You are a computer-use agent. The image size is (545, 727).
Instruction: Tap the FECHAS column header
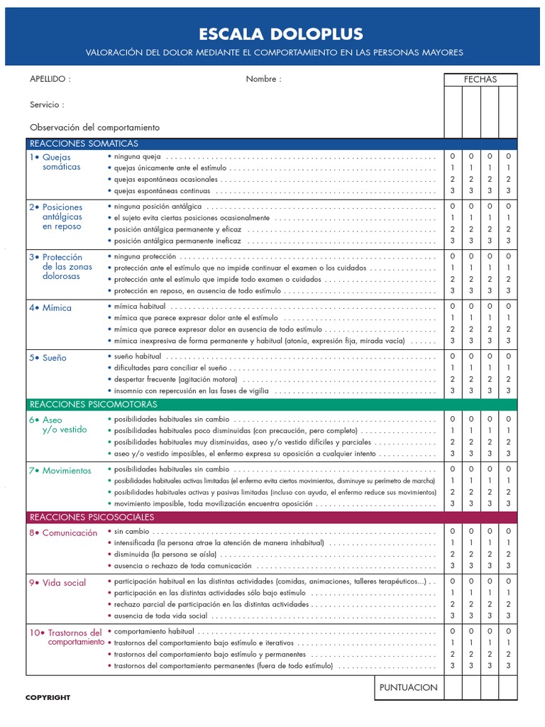pos(480,80)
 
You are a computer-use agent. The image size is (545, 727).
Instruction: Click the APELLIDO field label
pos(50,80)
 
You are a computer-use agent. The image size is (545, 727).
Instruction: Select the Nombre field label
pos(263,80)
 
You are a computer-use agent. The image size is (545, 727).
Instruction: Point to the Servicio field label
pos(47,104)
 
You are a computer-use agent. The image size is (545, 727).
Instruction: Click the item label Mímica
pos(57,308)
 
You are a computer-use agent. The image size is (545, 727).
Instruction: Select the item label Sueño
pos(54,358)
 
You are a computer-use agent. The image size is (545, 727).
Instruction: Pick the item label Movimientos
pos(67,471)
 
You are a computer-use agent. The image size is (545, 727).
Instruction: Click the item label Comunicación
pos(70,532)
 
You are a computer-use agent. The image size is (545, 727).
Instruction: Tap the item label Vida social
pos(64,583)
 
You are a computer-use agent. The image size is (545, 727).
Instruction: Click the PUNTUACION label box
pos(408,687)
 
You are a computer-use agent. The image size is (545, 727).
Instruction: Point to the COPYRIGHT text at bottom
pos(48,698)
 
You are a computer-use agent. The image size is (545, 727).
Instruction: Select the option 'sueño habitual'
pos(138,356)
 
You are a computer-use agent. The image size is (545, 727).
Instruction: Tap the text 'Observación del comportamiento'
pos(94,128)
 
